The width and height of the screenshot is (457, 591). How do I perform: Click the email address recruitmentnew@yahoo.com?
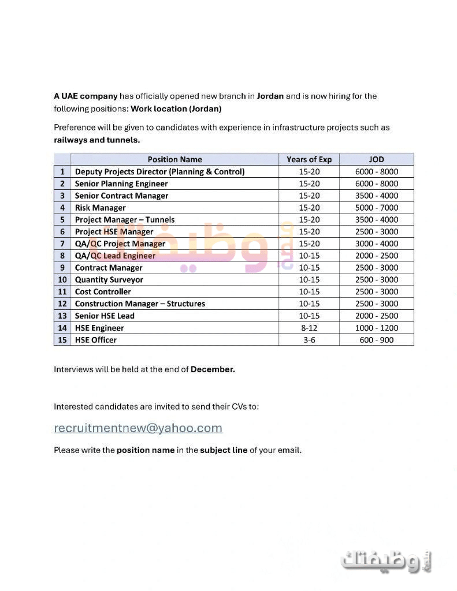138,428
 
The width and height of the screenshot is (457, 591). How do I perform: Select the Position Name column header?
174,159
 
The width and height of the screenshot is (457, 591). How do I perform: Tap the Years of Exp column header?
309,159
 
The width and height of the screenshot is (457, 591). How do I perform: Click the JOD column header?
376,159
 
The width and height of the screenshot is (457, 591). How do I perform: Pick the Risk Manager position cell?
100,208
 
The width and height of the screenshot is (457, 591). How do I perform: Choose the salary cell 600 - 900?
376,340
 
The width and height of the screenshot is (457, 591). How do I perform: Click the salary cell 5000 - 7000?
376,208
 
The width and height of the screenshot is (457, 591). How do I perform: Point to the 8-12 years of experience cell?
309,328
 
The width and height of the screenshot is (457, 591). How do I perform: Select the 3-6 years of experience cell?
309,340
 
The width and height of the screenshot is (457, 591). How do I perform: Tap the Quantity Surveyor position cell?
109,280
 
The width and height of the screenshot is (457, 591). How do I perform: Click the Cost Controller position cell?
103,292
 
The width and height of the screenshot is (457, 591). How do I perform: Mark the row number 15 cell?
62,340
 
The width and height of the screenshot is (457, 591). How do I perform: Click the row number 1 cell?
62,171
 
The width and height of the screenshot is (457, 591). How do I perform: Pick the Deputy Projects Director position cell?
159,171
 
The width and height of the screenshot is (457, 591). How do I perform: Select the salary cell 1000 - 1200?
376,328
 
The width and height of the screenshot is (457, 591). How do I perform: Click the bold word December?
213,369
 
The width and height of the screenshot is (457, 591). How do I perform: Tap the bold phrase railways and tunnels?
96,140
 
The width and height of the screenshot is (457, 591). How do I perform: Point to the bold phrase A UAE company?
86,96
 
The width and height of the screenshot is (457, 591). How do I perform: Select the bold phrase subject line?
224,450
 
